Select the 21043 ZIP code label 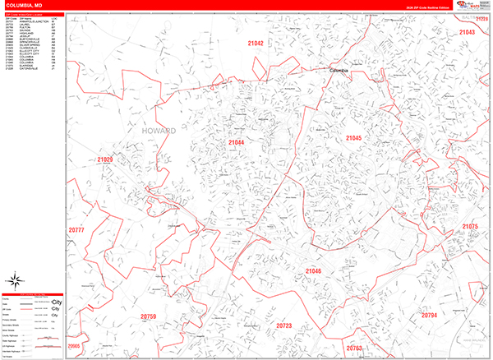pyautogui.click(x=467, y=32)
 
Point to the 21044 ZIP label pyautogui.click(x=237, y=143)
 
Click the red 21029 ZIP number pyautogui.click(x=104, y=159)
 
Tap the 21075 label pyautogui.click(x=469, y=226)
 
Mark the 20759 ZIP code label pyautogui.click(x=148, y=316)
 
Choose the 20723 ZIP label pyautogui.click(x=283, y=325)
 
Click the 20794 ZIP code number pyautogui.click(x=429, y=316)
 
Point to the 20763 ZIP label pyautogui.click(x=354, y=348)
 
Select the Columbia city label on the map pyautogui.click(x=339, y=71)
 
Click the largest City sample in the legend pyautogui.click(x=55, y=301)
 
